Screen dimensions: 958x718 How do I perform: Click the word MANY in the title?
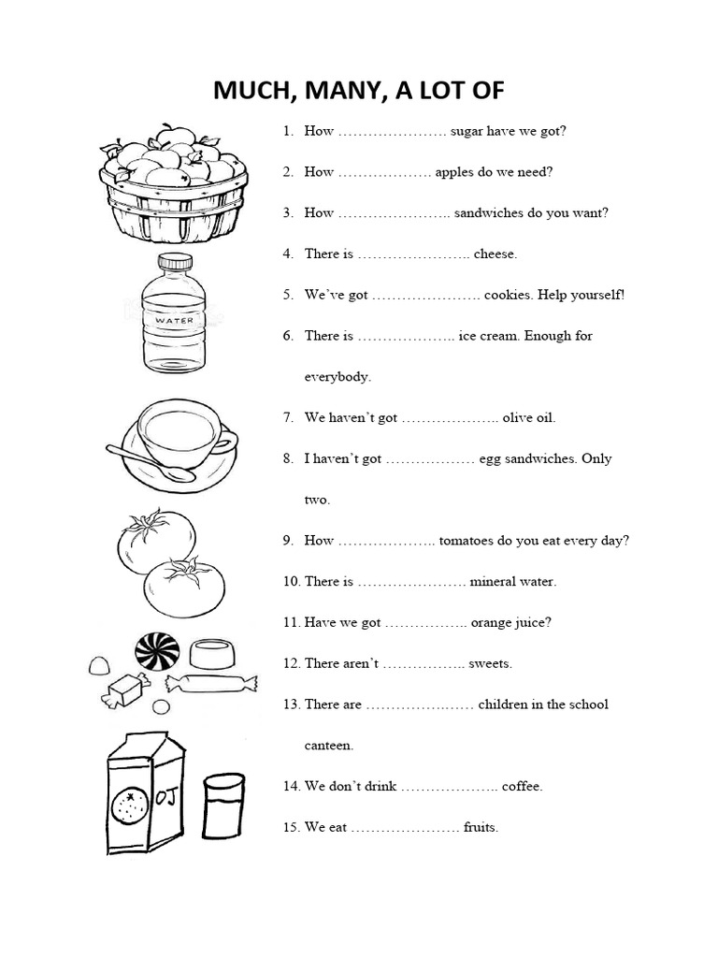point(351,91)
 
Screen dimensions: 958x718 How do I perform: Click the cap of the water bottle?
point(174,263)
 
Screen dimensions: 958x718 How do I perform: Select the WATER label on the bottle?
point(174,320)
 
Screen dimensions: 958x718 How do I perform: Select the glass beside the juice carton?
point(223,807)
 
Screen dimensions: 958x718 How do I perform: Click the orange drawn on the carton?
point(126,806)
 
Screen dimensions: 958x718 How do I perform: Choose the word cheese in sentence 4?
point(495,254)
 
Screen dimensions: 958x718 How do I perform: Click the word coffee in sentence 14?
point(522,786)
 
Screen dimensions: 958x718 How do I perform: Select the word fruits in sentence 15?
point(481,827)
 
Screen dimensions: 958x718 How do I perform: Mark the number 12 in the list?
point(291,663)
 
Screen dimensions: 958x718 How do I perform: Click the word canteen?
point(329,746)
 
